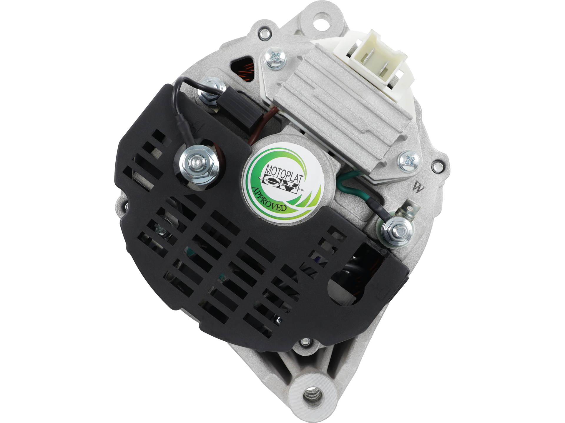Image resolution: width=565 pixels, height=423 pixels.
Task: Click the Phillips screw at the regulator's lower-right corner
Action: pyautogui.click(x=409, y=161)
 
